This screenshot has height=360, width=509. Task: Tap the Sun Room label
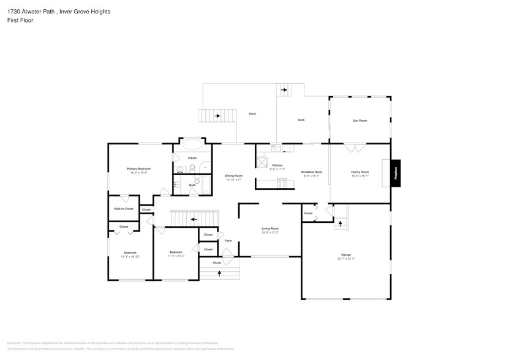pos(360,121)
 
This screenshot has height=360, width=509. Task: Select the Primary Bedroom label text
pos(138,168)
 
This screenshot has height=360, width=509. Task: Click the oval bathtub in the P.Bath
pos(192,146)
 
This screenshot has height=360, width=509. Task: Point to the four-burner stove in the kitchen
pos(282,182)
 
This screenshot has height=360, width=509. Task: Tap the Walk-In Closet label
pos(123,209)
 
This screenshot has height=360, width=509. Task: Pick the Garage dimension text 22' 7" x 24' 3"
pos(346,258)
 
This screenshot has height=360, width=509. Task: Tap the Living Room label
pos(270,228)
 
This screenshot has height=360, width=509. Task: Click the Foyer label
pos(228,241)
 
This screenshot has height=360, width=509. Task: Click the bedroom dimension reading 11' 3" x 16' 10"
pos(130,257)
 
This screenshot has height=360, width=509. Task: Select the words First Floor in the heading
pos(20,20)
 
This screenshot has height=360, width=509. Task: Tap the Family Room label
pos(360,172)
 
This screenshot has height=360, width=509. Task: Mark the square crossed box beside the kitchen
pos(262,162)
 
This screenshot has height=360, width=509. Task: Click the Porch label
pos(217,263)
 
